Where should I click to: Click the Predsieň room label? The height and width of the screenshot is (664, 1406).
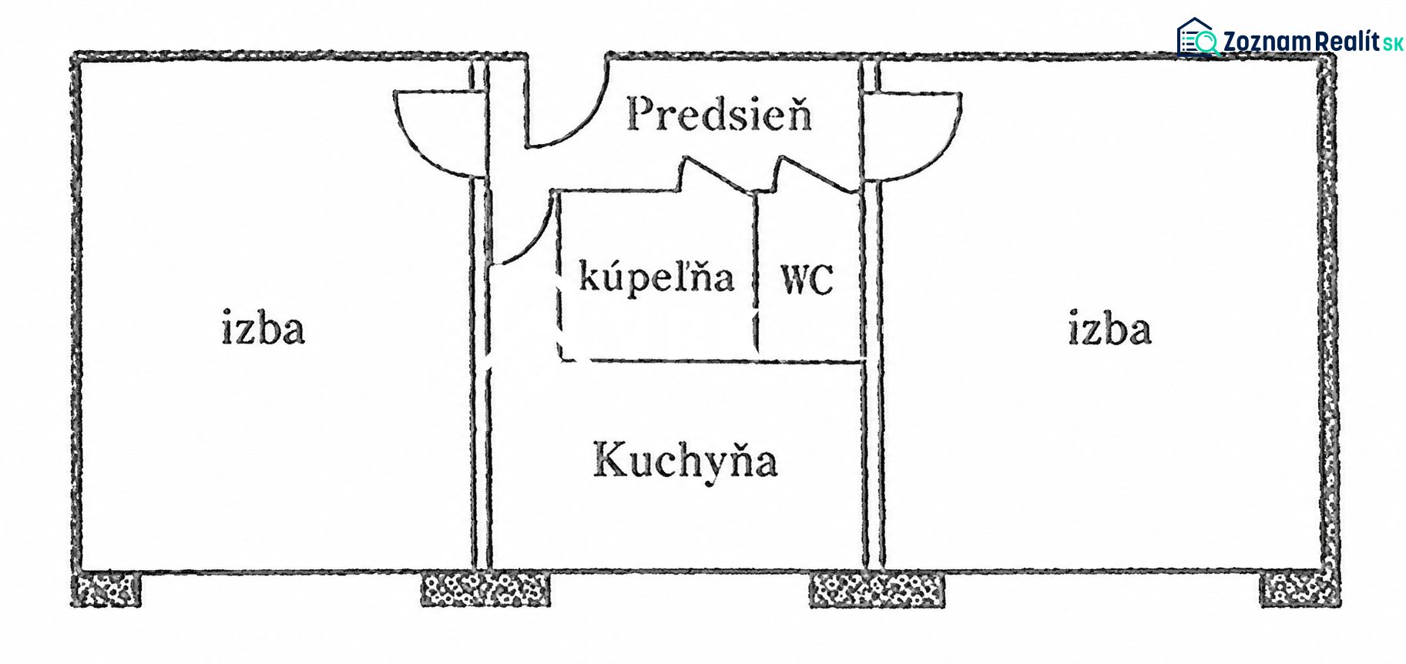point(719,114)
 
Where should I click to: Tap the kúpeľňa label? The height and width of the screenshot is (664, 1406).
point(656,277)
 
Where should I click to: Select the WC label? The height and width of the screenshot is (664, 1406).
point(807,279)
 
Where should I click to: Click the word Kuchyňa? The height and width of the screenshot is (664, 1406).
point(685,460)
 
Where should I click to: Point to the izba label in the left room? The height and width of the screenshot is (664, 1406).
point(263,327)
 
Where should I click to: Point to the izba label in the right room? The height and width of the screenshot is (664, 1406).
point(1109,327)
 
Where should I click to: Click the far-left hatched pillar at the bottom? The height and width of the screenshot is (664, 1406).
point(106,590)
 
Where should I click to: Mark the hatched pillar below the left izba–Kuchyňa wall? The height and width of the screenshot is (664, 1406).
point(485,589)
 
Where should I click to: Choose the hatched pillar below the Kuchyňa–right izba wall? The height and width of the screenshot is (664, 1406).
point(877,590)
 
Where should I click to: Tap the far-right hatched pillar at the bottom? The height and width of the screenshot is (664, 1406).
point(1300,590)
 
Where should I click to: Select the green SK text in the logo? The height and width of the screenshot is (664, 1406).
point(1393,44)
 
